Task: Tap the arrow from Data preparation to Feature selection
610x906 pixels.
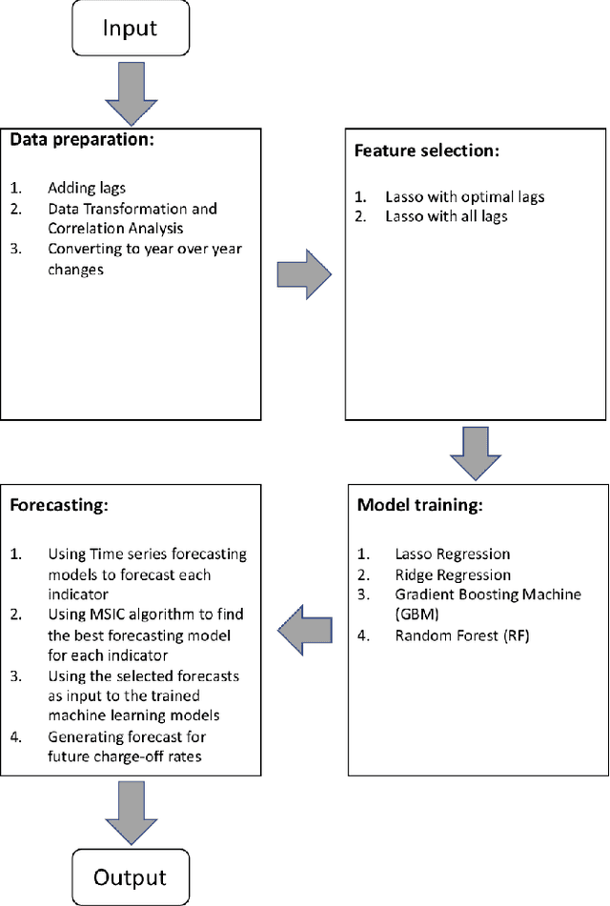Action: tap(303, 274)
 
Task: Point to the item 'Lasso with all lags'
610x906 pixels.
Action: tap(445, 216)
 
